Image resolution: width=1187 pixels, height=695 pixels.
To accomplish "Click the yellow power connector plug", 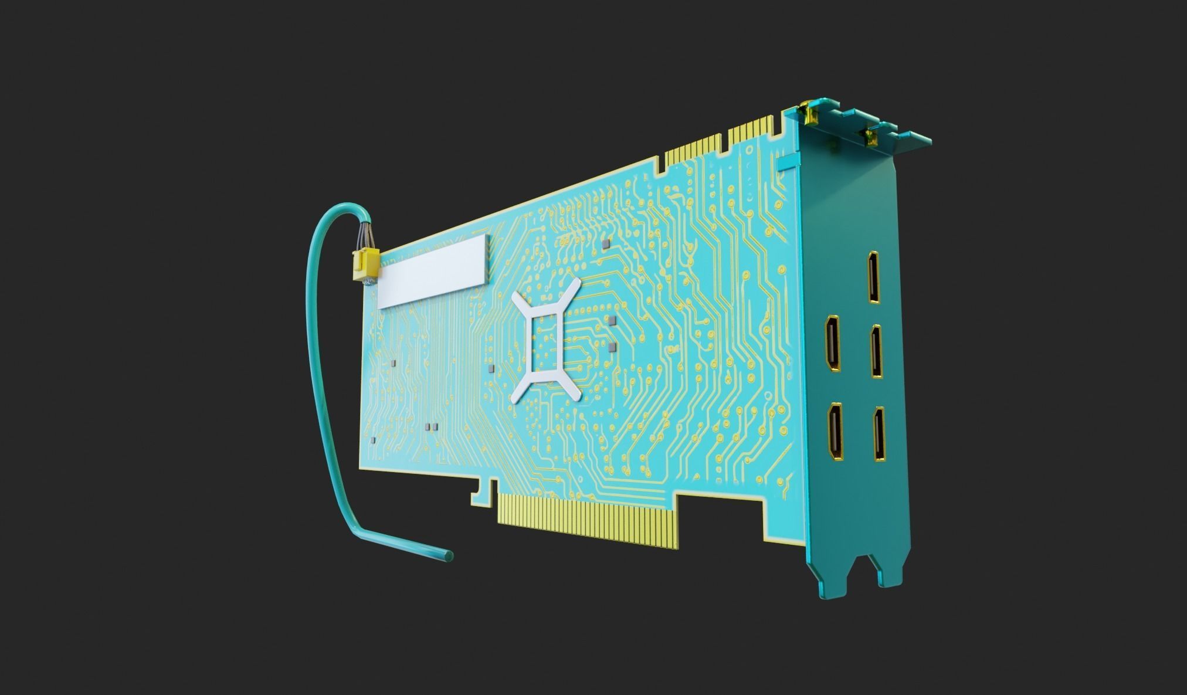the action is click(x=364, y=265).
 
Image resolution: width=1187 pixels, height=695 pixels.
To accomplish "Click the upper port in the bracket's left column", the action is click(x=833, y=343).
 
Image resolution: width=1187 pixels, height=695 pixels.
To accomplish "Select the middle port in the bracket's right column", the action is click(x=876, y=351).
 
